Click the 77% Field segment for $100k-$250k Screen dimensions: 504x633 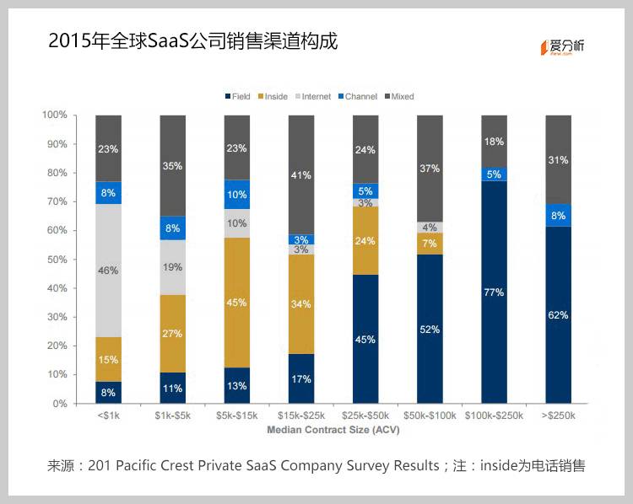click(x=494, y=292)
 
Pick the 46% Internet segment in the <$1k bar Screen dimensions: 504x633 click(x=108, y=271)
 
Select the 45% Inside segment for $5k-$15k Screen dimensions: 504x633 click(x=237, y=303)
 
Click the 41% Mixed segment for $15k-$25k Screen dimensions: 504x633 click(x=301, y=174)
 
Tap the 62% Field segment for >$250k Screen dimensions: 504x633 click(x=558, y=314)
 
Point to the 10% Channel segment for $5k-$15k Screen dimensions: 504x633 click(x=237, y=194)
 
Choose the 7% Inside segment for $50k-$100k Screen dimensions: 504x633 click(x=430, y=244)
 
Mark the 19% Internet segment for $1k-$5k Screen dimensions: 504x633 click(x=172, y=267)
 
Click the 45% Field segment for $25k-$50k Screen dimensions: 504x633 click(x=365, y=339)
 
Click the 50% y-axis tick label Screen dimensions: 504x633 click(x=57, y=260)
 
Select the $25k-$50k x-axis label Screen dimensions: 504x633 click(x=365, y=416)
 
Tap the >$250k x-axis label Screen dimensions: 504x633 click(x=558, y=416)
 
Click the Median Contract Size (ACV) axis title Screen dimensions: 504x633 click(x=333, y=429)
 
